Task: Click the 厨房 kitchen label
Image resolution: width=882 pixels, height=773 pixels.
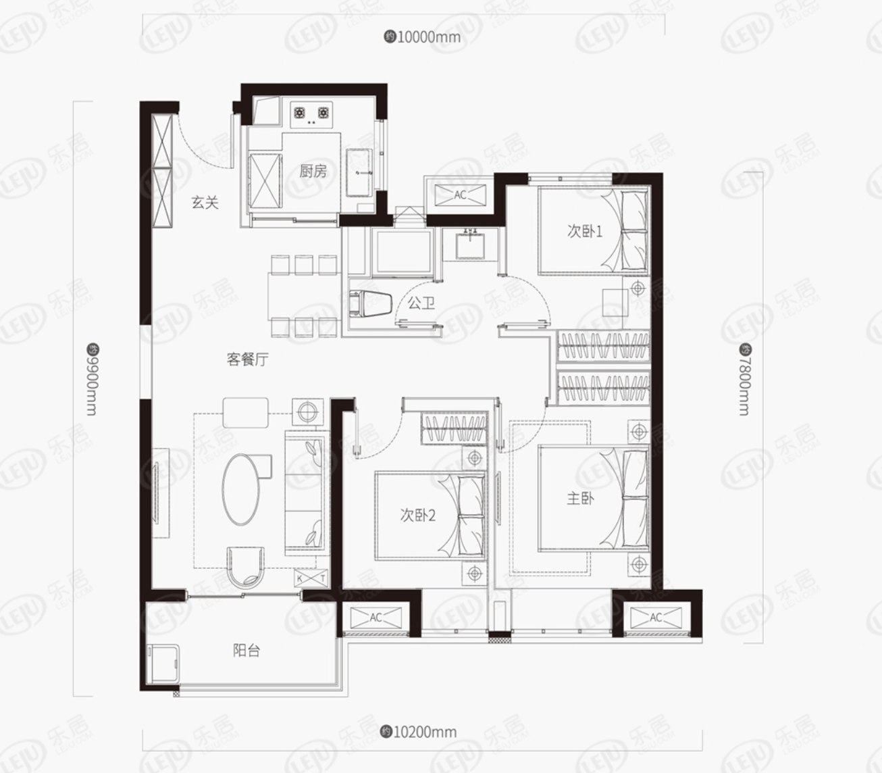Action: coord(313,171)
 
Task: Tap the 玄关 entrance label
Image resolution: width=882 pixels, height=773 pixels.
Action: coord(205,202)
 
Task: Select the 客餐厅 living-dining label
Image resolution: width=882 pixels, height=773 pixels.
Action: coord(247,359)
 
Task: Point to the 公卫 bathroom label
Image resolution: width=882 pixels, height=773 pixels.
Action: coord(421,303)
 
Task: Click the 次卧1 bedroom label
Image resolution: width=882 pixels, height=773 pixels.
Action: coord(585,232)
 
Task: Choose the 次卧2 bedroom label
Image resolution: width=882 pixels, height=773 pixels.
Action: coord(418,515)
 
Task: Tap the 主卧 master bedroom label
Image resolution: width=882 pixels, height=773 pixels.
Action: coord(580,499)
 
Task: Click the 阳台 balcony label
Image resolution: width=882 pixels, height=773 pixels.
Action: coord(247,651)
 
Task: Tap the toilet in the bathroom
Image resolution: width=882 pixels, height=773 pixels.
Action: coord(371,303)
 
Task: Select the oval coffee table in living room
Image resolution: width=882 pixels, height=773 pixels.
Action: coord(241,489)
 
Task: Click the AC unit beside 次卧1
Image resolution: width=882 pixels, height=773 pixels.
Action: coord(461,195)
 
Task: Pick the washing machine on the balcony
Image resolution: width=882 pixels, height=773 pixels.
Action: coord(163,664)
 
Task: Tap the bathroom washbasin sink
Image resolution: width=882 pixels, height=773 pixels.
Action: coord(470,245)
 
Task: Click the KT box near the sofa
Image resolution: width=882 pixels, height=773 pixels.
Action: coord(311,578)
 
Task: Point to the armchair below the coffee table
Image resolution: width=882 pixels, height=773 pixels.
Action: coord(245,567)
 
